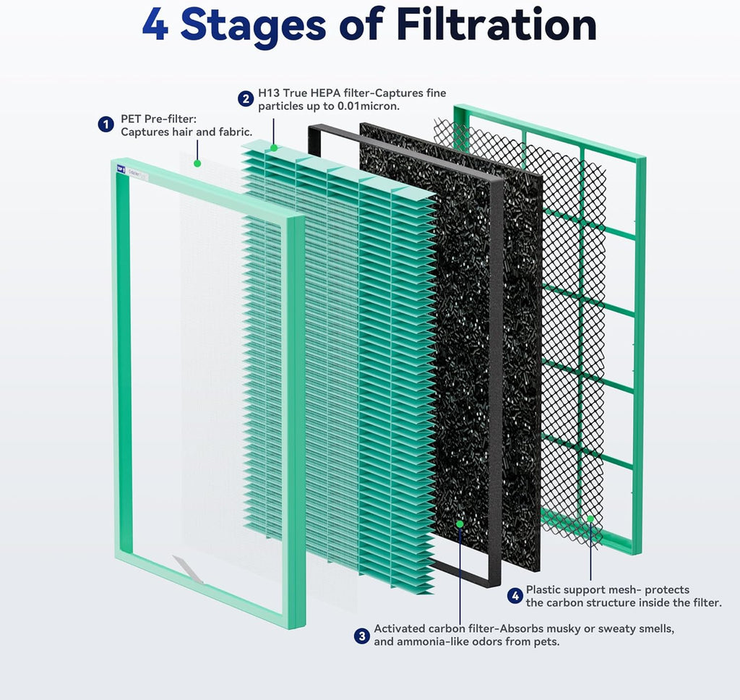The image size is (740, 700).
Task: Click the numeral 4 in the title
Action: (x=156, y=25)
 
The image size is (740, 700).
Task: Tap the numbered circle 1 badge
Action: (x=106, y=124)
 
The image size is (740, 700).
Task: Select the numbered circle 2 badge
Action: (x=246, y=99)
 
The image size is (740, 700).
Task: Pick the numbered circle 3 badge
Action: (x=361, y=636)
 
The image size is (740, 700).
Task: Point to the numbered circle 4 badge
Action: (x=515, y=596)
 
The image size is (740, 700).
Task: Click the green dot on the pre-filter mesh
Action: (x=196, y=163)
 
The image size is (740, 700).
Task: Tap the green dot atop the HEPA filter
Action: (x=274, y=148)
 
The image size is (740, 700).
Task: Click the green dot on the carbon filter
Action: (x=460, y=522)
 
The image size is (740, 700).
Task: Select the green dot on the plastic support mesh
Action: (x=590, y=518)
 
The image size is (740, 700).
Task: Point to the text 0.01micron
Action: (x=369, y=106)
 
